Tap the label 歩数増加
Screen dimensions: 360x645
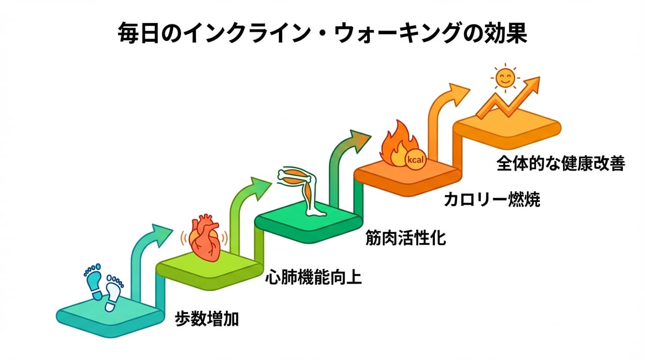[x=207, y=319]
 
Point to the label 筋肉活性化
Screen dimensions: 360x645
[x=405, y=239]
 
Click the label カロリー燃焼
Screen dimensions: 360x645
[x=492, y=200]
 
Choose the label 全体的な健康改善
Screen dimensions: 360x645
[x=561, y=165]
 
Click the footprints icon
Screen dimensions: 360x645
[x=103, y=287]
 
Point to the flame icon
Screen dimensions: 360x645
[x=397, y=146]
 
